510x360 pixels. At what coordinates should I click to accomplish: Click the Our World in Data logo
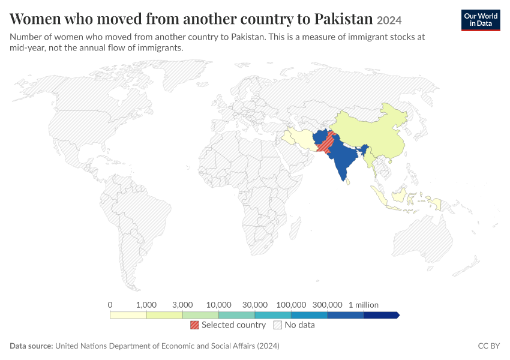tap(481, 20)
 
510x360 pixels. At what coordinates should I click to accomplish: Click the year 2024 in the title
tap(389, 20)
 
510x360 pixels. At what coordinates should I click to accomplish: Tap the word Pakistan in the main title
tap(343, 19)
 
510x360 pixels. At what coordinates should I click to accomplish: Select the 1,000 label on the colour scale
tap(146, 305)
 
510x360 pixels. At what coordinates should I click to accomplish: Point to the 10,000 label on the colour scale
tap(218, 305)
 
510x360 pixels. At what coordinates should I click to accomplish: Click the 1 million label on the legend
tap(364, 305)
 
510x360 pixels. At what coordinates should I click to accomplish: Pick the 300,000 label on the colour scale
tap(327, 305)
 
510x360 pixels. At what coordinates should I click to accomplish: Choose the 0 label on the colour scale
tap(110, 305)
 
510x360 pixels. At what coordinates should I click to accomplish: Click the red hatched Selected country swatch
tap(194, 325)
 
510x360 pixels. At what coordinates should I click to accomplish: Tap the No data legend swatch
tap(278, 325)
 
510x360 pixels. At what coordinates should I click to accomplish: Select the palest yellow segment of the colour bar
tap(128, 315)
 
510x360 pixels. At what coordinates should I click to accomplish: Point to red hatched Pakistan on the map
tap(326, 143)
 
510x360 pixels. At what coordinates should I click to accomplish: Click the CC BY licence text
tap(488, 346)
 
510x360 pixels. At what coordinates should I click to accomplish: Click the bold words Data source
tap(31, 346)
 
